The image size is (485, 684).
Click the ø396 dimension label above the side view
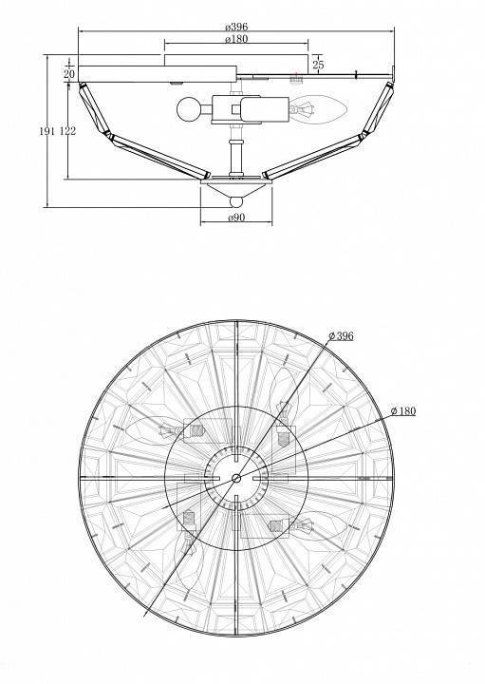click(236, 27)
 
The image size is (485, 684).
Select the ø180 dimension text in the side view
click(236, 39)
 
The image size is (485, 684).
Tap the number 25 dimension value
click(319, 65)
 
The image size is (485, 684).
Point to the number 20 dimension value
click(69, 74)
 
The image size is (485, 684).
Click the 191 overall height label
click(47, 131)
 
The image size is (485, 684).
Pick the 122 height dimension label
click(67, 131)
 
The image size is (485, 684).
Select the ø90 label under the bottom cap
click(236, 218)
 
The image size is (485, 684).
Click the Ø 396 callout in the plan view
click(341, 335)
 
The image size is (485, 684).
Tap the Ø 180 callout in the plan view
click(403, 410)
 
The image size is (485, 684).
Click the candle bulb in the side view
click(319, 109)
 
